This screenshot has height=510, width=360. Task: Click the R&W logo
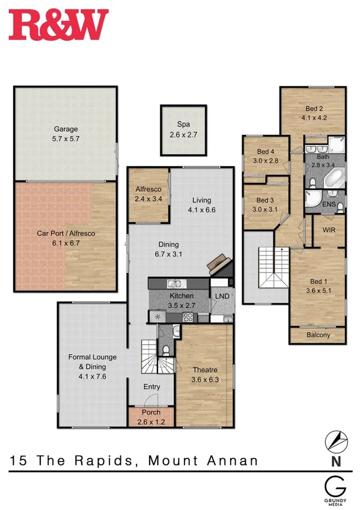click(x=58, y=25)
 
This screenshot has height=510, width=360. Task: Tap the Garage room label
click(x=66, y=129)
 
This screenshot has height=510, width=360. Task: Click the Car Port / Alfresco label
click(x=66, y=233)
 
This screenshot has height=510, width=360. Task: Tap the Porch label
click(x=150, y=413)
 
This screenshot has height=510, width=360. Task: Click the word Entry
click(x=151, y=387)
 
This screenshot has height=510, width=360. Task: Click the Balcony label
click(x=318, y=336)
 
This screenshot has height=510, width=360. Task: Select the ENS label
click(x=329, y=204)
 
